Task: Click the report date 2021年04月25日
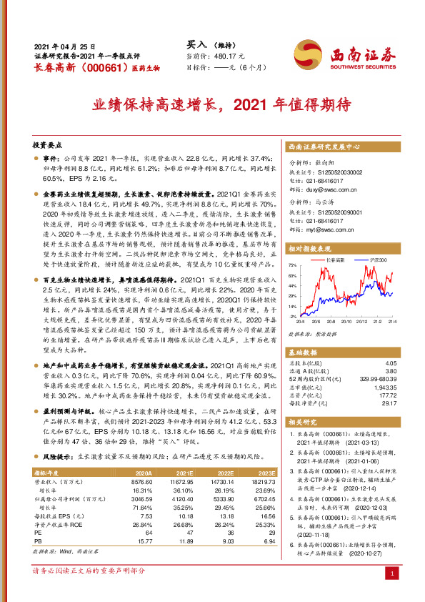[x=64, y=45]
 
